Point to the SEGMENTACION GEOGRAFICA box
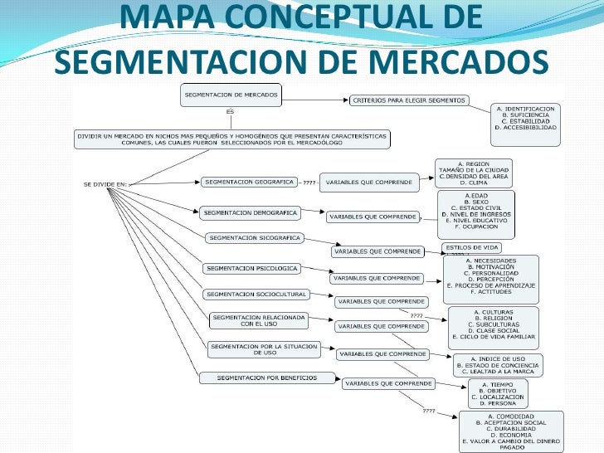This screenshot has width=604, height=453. (248, 181)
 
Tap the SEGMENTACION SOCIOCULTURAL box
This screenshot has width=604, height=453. (256, 294)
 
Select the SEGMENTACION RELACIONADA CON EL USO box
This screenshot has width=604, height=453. (258, 320)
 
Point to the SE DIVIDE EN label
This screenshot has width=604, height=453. (105, 183)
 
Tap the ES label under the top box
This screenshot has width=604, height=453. (230, 111)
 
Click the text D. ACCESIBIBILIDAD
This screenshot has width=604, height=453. (526, 129)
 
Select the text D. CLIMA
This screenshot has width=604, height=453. (473, 183)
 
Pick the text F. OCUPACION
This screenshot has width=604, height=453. (475, 226)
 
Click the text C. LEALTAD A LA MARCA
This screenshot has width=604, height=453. (499, 371)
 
